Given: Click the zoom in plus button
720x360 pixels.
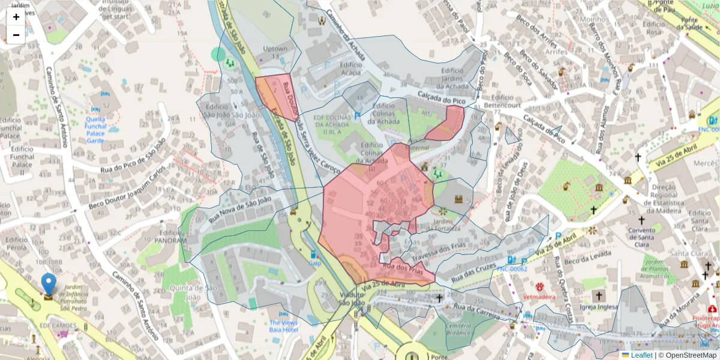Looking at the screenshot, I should (16, 17).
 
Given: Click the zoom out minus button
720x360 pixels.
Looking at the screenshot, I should (16, 35).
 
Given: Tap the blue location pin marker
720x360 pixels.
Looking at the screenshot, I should (49, 284).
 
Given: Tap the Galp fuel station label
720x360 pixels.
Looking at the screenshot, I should (315, 263).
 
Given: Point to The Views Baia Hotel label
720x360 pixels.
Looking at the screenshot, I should (284, 326).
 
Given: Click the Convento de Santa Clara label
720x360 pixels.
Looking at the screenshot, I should (641, 237).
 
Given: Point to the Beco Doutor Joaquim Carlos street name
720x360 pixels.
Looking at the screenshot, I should (125, 193).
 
